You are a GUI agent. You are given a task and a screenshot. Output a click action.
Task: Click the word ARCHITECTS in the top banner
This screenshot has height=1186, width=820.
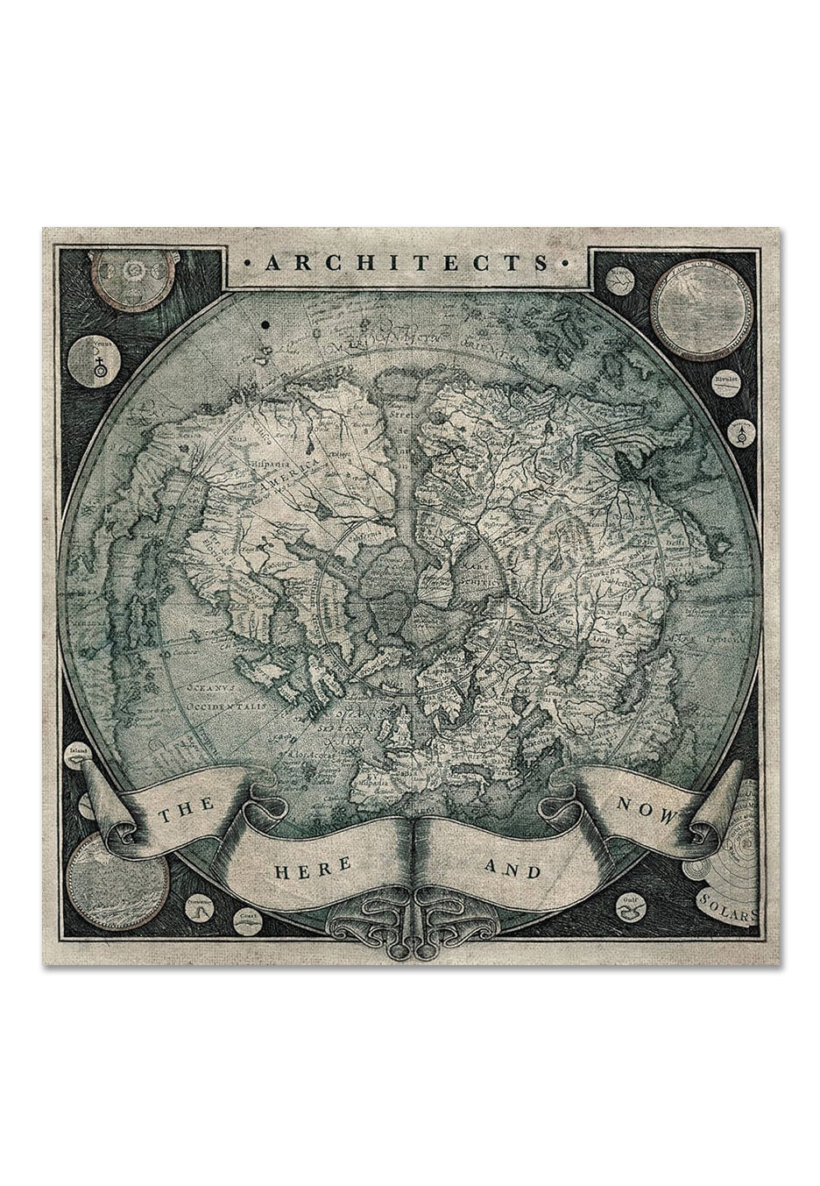click(x=410, y=262)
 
